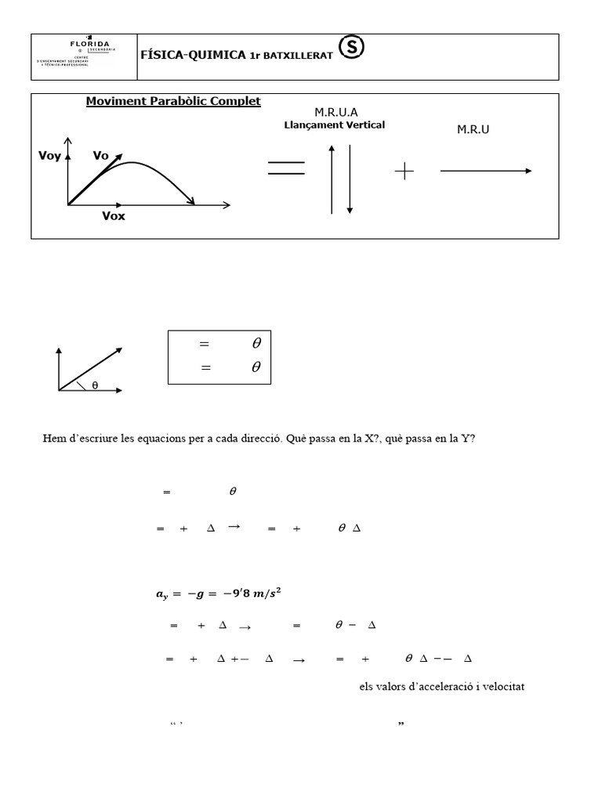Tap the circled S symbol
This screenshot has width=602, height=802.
[353, 49]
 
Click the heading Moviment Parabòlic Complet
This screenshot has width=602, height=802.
[173, 102]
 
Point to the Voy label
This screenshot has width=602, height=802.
[49, 156]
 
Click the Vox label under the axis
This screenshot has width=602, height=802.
[114, 216]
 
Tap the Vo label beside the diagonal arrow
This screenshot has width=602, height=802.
[100, 156]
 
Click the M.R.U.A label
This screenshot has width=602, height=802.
[335, 113]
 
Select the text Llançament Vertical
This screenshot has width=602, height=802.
[334, 125]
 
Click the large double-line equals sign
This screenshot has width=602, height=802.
[286, 169]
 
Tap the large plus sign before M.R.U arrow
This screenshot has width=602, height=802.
[404, 172]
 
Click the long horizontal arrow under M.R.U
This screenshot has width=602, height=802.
[486, 171]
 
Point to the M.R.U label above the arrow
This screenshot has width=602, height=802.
[473, 129]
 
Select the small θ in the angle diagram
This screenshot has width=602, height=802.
[95, 385]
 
